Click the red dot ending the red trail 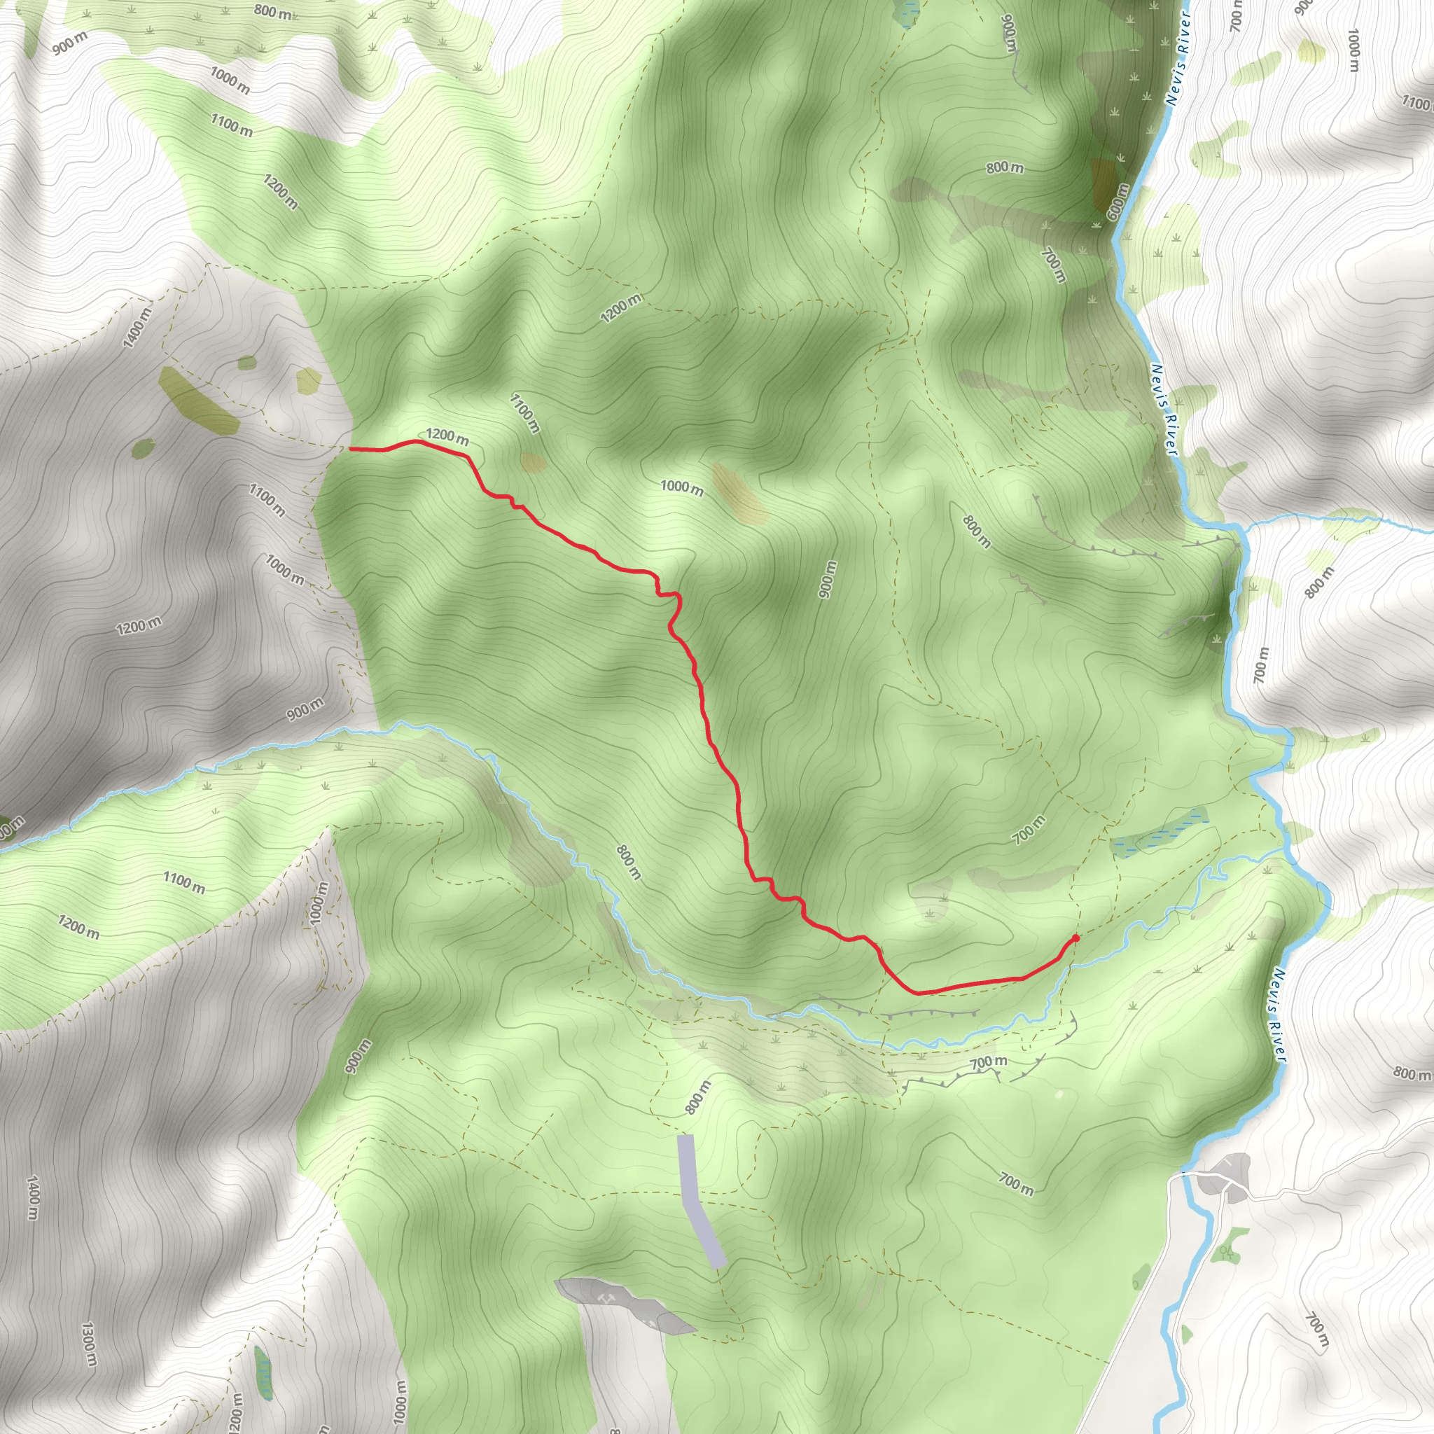[x=1075, y=938]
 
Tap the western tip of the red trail [x=350, y=448]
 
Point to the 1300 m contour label [x=88, y=1343]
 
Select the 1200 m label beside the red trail [x=447, y=436]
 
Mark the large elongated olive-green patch [x=198, y=401]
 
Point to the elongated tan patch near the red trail [x=739, y=493]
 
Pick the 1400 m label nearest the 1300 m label [x=33, y=1197]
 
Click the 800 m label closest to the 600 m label [x=1004, y=168]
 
